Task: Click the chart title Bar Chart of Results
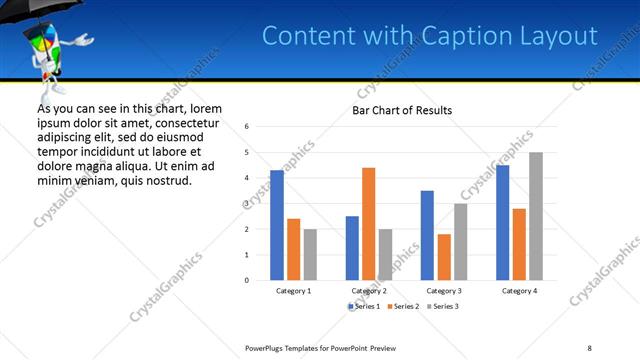pyautogui.click(x=402, y=110)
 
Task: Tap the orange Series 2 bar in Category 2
pyautogui.click(x=368, y=224)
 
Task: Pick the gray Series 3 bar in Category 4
pyautogui.click(x=536, y=216)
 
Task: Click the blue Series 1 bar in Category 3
pyautogui.click(x=427, y=235)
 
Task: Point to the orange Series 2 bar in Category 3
pyautogui.click(x=444, y=257)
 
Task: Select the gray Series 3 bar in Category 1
pyautogui.click(x=311, y=254)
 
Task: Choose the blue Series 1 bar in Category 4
pyautogui.click(x=502, y=222)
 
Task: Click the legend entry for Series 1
pyautogui.click(x=365, y=306)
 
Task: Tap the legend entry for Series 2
pyautogui.click(x=402, y=306)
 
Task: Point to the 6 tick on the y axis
pyautogui.click(x=247, y=127)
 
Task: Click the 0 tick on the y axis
pyautogui.click(x=247, y=280)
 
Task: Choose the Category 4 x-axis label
pyautogui.click(x=519, y=290)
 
